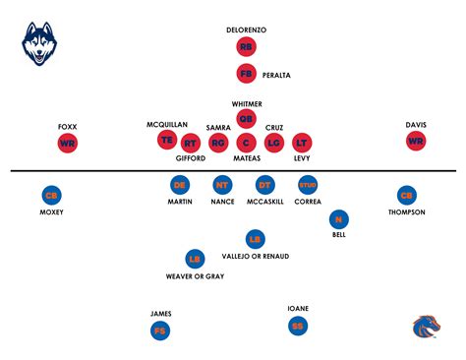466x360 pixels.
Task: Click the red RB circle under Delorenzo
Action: point(246,47)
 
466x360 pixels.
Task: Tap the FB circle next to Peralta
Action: point(246,73)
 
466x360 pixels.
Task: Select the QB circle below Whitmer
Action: point(246,119)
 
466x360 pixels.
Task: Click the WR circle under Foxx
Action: point(68,143)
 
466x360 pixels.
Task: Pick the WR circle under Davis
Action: point(416,142)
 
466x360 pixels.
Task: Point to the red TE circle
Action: point(166,141)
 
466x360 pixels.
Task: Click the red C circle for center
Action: point(246,144)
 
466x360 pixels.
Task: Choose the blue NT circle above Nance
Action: point(222,184)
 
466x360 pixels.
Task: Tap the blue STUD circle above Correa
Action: point(308,184)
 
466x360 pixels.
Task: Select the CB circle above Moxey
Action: point(51,195)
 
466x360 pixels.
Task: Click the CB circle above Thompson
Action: point(406,195)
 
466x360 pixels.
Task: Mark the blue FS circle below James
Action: point(159,331)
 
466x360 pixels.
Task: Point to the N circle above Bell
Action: point(339,220)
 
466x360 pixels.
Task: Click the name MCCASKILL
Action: point(264,202)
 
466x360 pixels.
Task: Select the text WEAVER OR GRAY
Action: point(195,276)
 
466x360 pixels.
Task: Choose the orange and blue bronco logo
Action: point(426,328)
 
